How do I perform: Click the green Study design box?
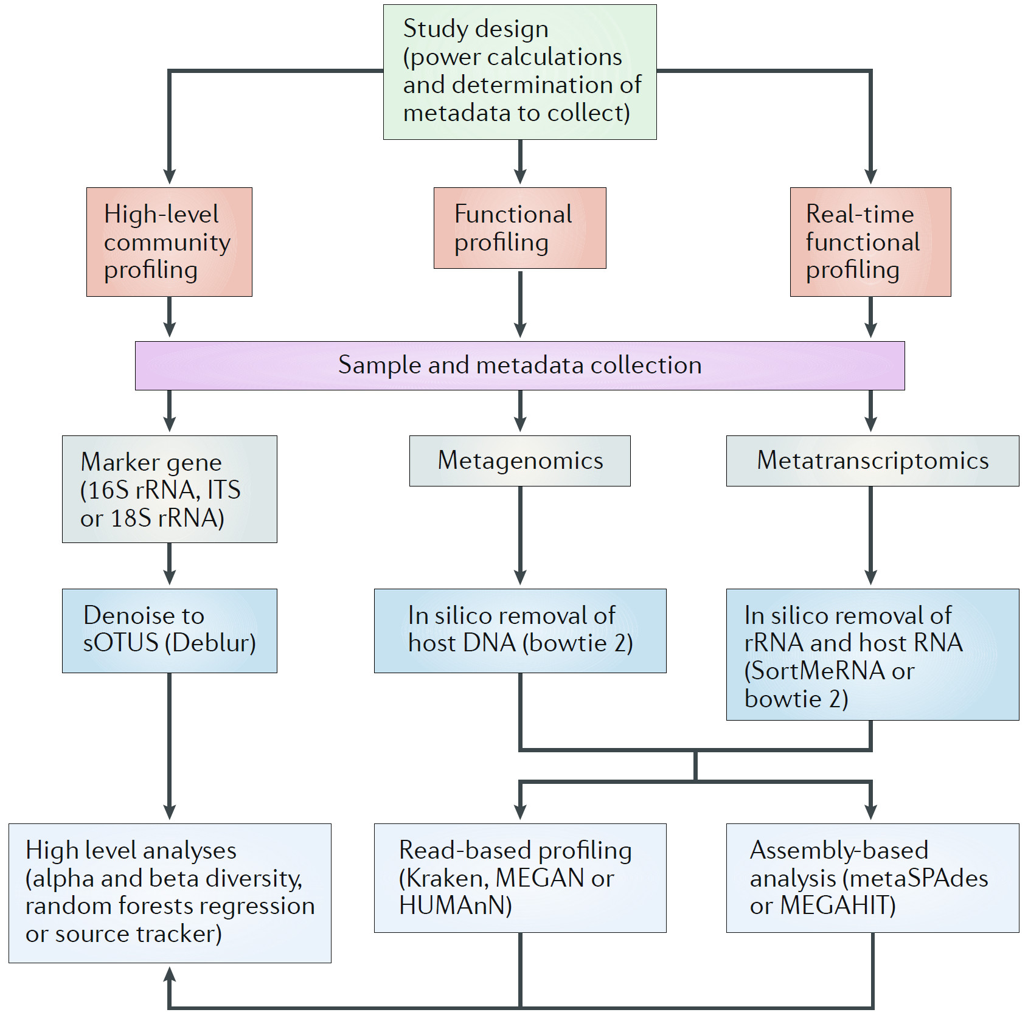(519, 72)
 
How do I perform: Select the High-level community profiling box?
(169, 241)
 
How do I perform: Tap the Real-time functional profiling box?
(870, 241)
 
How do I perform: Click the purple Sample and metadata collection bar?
(519, 365)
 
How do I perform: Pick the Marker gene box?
(169, 489)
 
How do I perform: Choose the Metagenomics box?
(519, 460)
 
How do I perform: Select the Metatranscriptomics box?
(872, 460)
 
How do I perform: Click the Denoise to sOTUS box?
(169, 630)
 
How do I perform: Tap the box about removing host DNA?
(519, 630)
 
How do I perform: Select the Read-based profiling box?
(519, 878)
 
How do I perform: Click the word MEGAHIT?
(836, 906)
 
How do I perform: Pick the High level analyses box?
(169, 892)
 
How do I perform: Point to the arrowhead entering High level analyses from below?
(170, 974)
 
